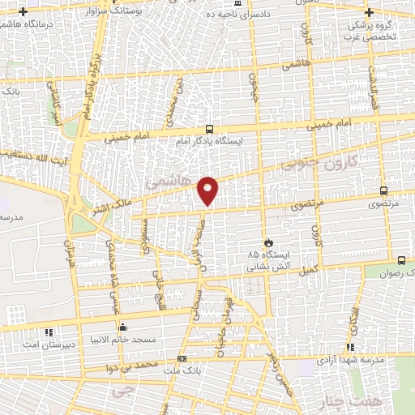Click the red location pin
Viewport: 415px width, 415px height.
[208, 191]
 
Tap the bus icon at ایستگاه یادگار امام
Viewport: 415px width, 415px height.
[209, 129]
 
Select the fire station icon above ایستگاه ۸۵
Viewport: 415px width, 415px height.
[268, 242]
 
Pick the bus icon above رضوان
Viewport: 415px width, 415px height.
[403, 260]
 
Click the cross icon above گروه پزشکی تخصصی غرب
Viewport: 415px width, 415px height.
[370, 12]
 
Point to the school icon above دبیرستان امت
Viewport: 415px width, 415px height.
[49, 332]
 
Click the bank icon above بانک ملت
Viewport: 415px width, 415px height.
[182, 359]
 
